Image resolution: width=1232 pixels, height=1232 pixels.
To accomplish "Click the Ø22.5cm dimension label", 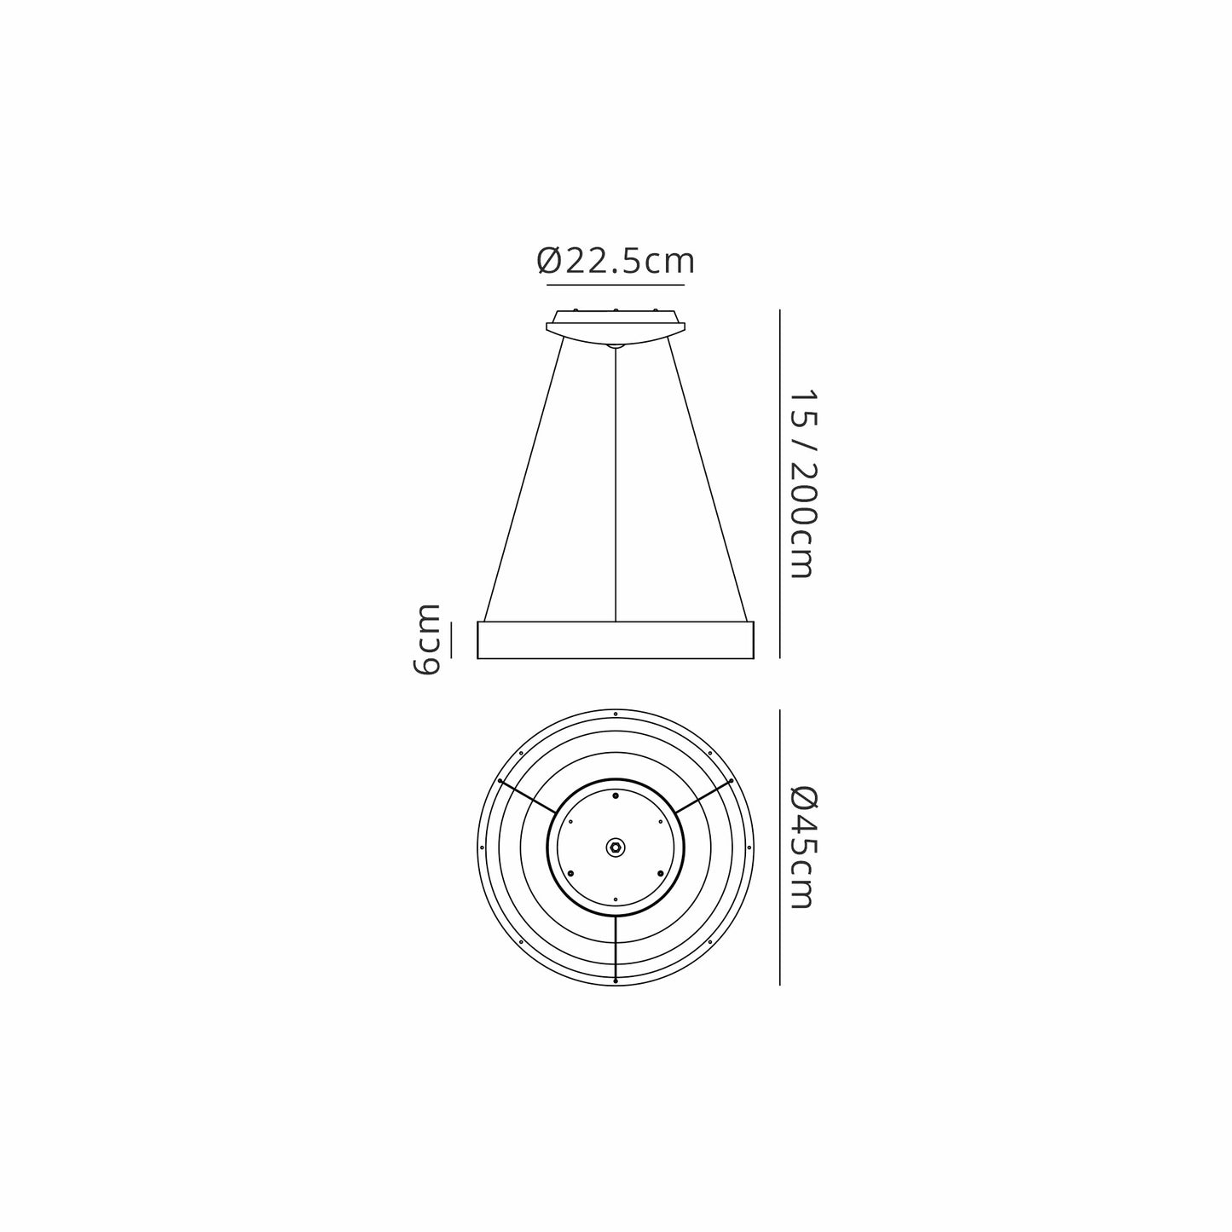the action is (615, 261).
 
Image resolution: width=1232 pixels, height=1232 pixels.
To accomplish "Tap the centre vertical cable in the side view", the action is (615, 484).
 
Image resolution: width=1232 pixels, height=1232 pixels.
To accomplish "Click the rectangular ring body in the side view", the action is (616, 640).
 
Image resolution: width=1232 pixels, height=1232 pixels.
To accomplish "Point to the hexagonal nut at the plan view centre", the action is (615, 847).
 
